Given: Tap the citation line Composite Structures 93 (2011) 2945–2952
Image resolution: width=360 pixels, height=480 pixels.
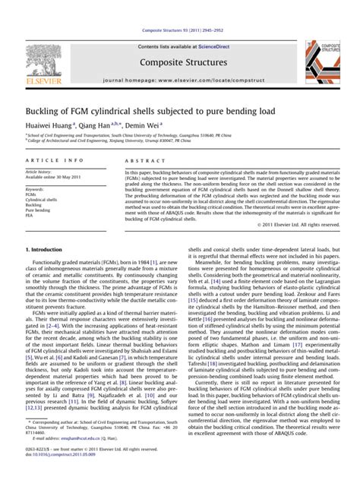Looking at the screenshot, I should coord(180,9).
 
